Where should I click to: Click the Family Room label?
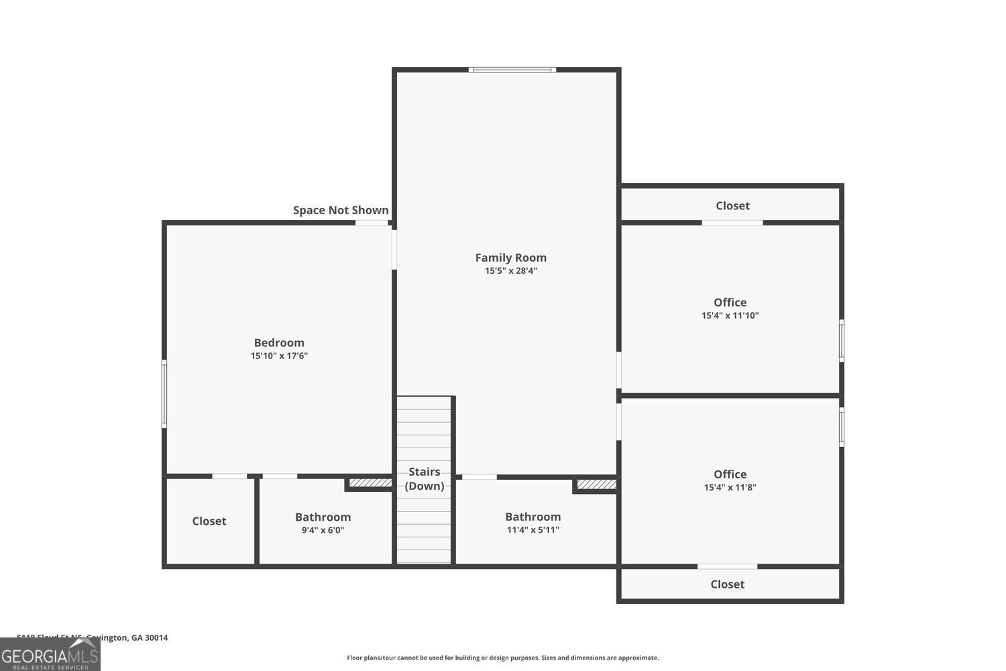(510, 258)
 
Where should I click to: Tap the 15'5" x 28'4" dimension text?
(510, 271)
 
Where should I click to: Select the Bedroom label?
(279, 343)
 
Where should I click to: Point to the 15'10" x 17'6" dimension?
(279, 356)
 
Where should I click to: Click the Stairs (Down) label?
(424, 479)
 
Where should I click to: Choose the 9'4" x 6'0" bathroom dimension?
(323, 530)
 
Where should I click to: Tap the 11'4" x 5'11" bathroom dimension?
(533, 530)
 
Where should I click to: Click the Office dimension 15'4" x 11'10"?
(730, 315)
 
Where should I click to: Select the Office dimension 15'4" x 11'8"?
(730, 488)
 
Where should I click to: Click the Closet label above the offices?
(732, 206)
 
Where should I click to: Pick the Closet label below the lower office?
(727, 584)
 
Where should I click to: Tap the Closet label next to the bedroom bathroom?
(209, 521)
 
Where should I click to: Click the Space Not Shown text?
(341, 211)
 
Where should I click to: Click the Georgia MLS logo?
(50, 655)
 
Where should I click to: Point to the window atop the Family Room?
(512, 69)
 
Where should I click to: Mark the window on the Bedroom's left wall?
(164, 394)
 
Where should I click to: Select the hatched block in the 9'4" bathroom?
(370, 482)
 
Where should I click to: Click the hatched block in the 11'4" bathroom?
(596, 484)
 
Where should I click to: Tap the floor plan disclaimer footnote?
(502, 658)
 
